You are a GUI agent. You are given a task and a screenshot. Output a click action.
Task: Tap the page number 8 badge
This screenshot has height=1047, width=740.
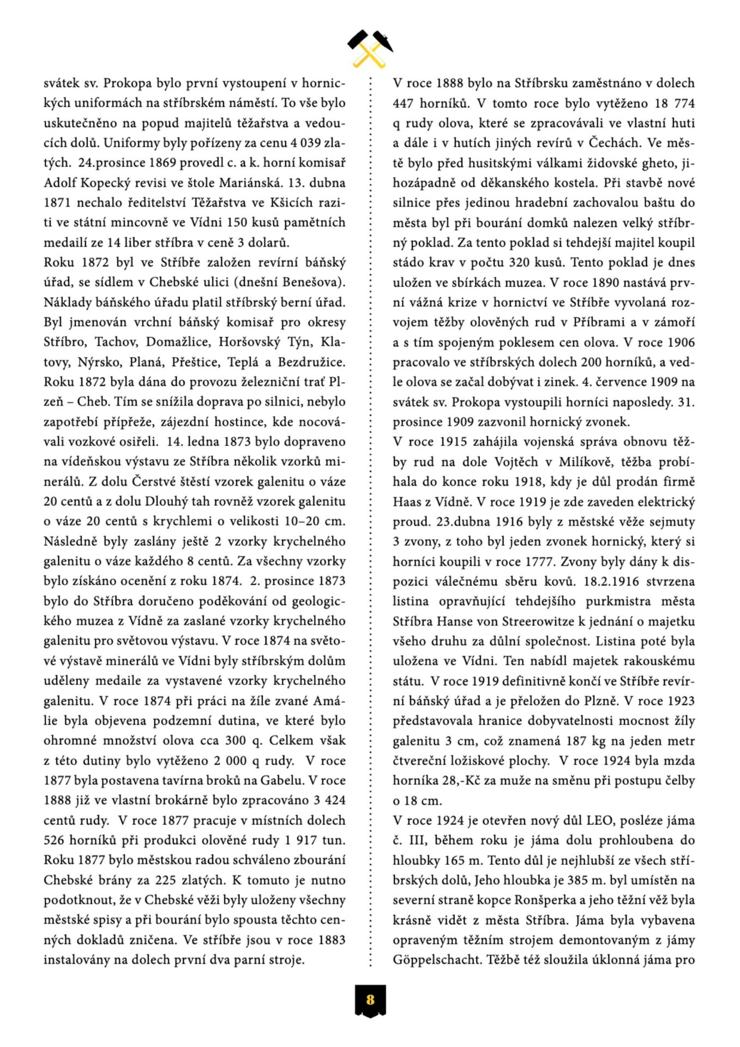click(370, 1000)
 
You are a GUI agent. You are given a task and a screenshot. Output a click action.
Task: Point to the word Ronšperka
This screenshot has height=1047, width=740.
click(545, 900)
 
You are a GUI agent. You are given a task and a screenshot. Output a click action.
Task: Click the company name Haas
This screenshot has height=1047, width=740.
click(406, 502)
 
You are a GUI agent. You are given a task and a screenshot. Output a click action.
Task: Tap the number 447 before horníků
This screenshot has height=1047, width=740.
click(405, 104)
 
